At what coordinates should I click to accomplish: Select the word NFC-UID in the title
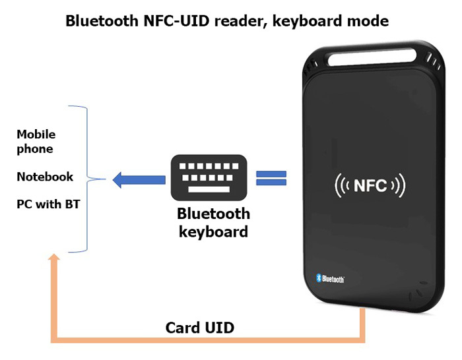coord(167,21)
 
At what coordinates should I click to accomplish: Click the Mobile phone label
coord(36,142)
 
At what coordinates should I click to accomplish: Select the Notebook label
coord(45,177)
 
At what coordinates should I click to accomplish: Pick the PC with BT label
coord(48,204)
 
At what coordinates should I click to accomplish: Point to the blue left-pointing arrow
coord(139,179)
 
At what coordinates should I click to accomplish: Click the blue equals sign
coord(271,178)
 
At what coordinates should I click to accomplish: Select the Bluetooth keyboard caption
coord(213,223)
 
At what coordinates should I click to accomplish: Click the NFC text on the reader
coord(370,185)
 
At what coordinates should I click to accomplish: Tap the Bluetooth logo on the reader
coord(330,278)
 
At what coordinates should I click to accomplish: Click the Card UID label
coord(199,328)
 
